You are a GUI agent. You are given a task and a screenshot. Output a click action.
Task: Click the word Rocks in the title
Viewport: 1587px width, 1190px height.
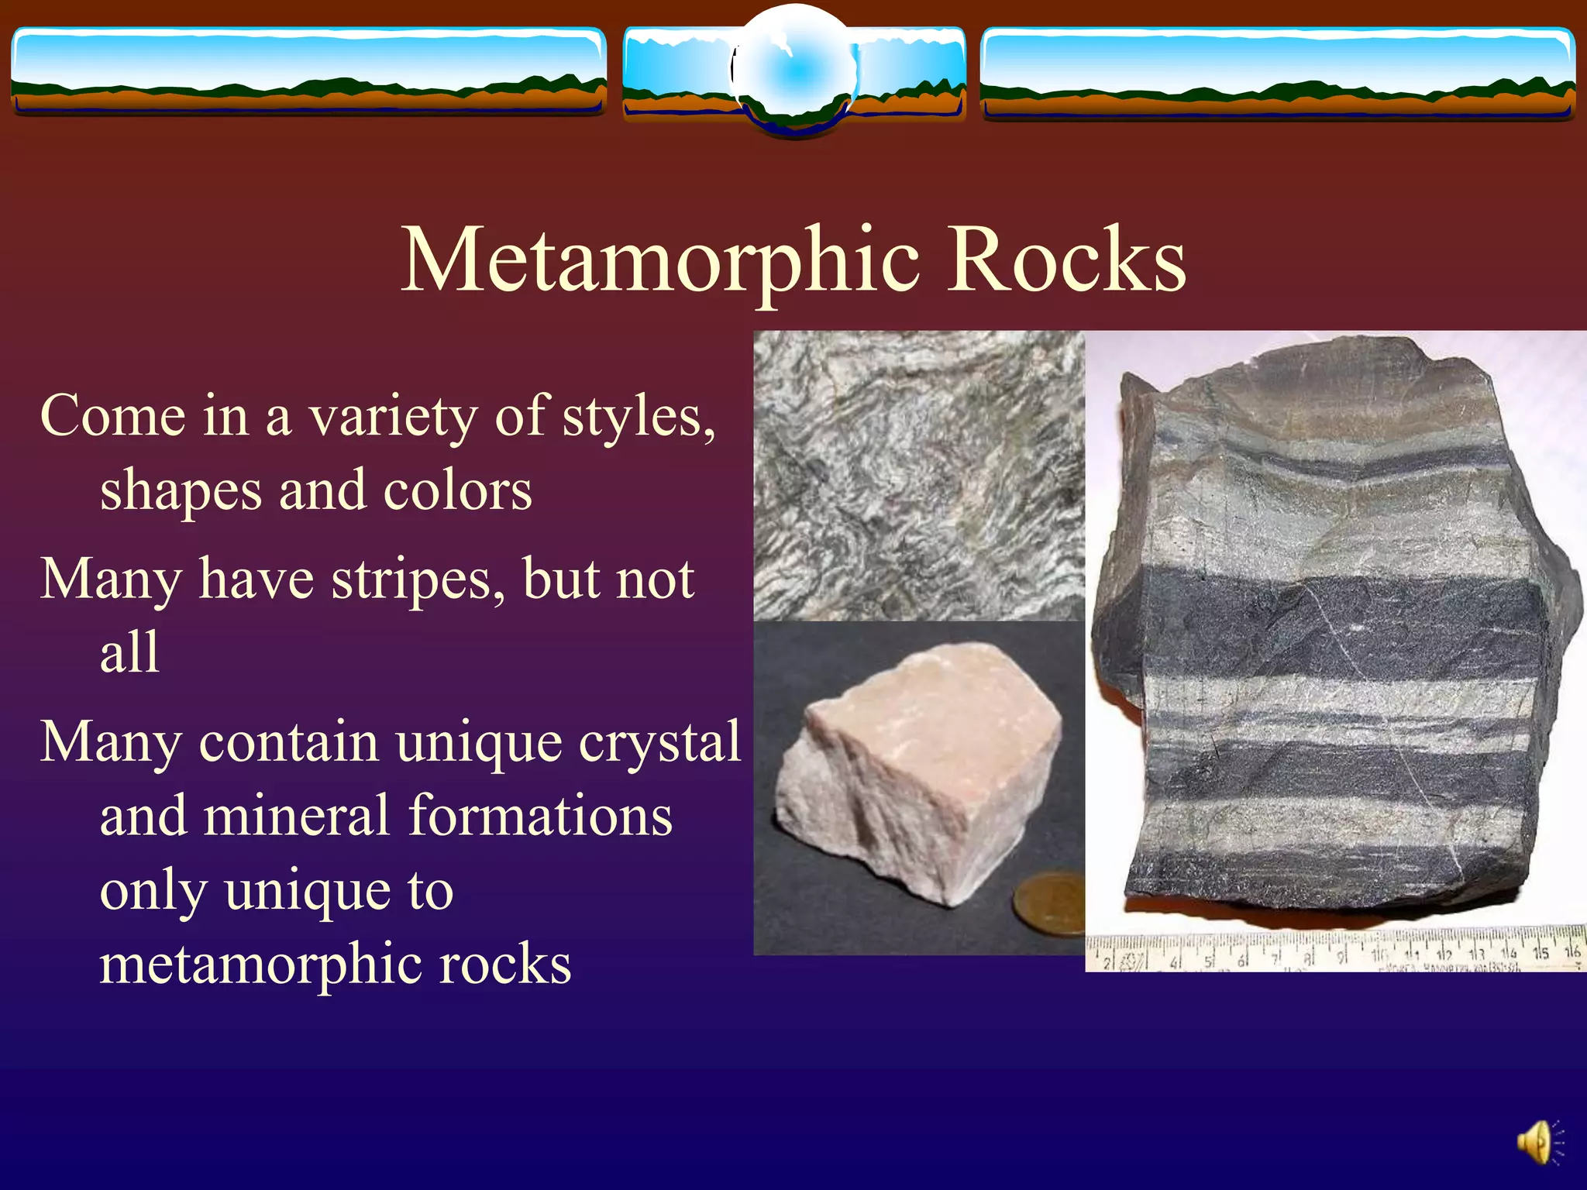point(1066,262)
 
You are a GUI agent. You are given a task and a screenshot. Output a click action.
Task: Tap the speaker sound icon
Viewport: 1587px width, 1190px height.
point(1538,1142)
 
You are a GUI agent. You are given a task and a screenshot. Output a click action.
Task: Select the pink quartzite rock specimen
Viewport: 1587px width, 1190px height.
point(918,775)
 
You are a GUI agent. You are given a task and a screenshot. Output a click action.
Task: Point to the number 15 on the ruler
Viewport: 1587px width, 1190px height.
point(1540,953)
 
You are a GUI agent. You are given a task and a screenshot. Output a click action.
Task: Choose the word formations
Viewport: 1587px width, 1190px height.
point(540,817)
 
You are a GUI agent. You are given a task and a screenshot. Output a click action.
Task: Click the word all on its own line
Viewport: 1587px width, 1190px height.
point(129,652)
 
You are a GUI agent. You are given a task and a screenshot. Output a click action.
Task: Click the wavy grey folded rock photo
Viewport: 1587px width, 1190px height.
point(918,476)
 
